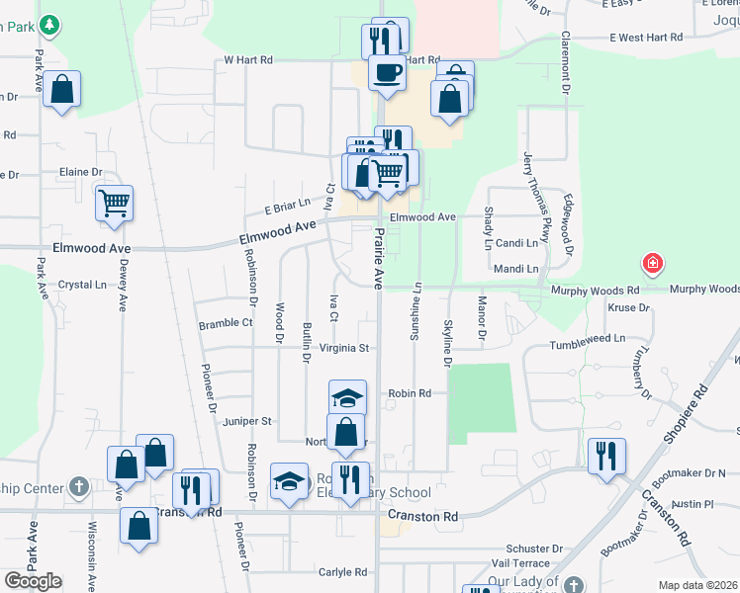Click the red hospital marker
pos(652,263)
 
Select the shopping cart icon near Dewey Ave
pos(115,204)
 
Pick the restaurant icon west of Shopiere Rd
pos(605,456)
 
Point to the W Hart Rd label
pos(247,59)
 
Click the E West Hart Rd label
pos(646,38)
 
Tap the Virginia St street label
pos(344,348)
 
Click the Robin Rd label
pos(410,392)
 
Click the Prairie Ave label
pos(377,259)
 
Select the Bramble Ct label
pos(226,322)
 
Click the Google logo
pos(34,581)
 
